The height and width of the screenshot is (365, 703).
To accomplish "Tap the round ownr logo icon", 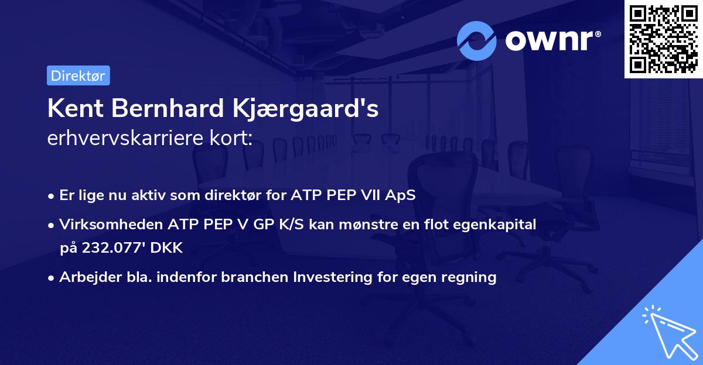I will point(477,40).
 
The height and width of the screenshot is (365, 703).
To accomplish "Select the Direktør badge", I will point(78,75).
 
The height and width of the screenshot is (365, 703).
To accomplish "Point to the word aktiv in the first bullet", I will point(154,195).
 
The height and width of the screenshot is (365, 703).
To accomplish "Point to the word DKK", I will point(167,248).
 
